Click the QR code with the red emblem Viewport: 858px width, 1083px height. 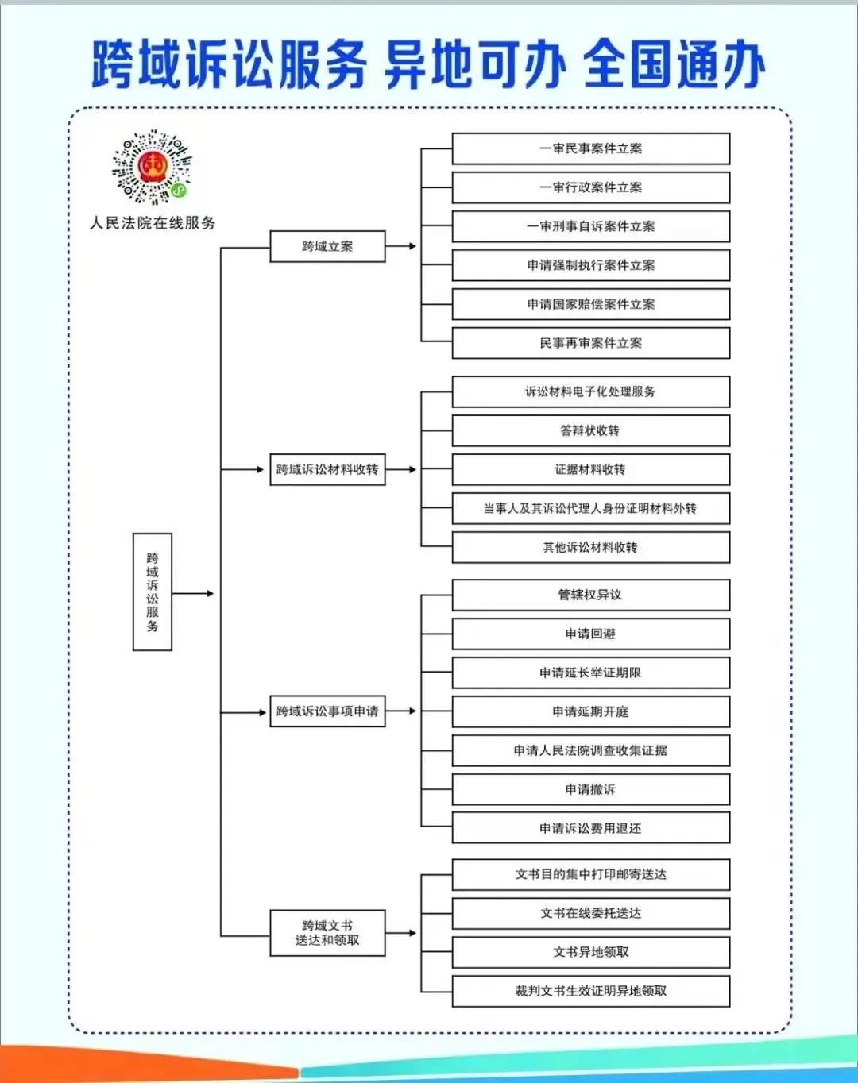[x=152, y=167]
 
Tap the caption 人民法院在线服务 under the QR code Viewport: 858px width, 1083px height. [x=153, y=223]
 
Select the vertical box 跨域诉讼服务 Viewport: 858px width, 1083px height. [x=153, y=592]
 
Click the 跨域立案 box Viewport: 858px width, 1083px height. [x=328, y=247]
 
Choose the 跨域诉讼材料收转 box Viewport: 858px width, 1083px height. [x=328, y=469]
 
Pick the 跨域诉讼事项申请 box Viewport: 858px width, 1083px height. [x=328, y=711]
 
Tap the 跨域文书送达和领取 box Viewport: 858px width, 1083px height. [x=328, y=932]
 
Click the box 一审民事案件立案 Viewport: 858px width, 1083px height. [x=591, y=148]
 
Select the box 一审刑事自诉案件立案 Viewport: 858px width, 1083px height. [x=591, y=226]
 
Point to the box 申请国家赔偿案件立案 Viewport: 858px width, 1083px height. [x=591, y=304]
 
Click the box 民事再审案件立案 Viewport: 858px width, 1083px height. [x=591, y=343]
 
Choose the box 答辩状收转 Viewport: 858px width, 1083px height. [x=591, y=431]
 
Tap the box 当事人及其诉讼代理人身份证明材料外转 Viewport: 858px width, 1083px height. [x=591, y=508]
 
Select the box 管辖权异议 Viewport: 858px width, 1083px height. [x=591, y=595]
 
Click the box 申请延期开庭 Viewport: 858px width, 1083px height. [x=591, y=711]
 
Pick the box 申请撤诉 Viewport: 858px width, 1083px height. [x=591, y=789]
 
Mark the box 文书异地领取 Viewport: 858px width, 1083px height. [x=591, y=952]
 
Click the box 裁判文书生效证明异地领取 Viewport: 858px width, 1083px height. [x=591, y=991]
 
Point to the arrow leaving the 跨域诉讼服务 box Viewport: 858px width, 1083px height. [x=193, y=593]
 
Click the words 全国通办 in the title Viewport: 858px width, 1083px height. [x=674, y=64]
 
